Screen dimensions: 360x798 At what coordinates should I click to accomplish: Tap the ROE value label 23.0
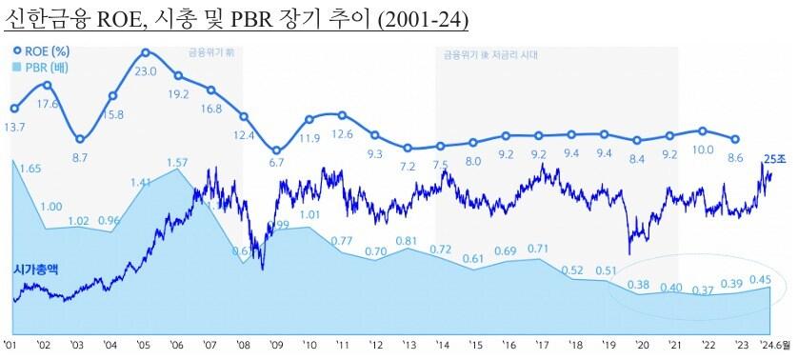pyautogui.click(x=147, y=71)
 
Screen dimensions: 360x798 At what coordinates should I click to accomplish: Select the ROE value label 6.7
pyautogui.click(x=276, y=164)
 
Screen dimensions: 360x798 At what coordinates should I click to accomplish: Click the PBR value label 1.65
pyautogui.click(x=30, y=169)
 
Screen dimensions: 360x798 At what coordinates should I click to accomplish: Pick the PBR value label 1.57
pyautogui.click(x=178, y=163)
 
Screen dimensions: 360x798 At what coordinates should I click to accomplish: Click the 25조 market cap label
pyautogui.click(x=774, y=158)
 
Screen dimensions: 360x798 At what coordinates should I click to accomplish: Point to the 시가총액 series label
pyautogui.click(x=35, y=270)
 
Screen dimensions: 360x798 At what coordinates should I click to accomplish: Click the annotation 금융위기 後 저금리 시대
pyautogui.click(x=490, y=55)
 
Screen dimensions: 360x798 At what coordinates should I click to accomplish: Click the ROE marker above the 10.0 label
pyautogui.click(x=703, y=131)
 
